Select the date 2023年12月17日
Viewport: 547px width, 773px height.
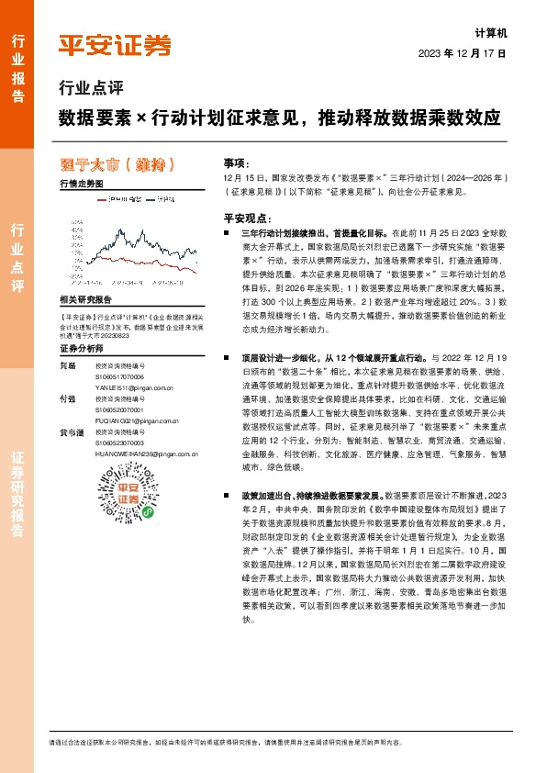462,54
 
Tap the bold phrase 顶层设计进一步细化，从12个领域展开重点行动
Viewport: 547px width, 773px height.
330,353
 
